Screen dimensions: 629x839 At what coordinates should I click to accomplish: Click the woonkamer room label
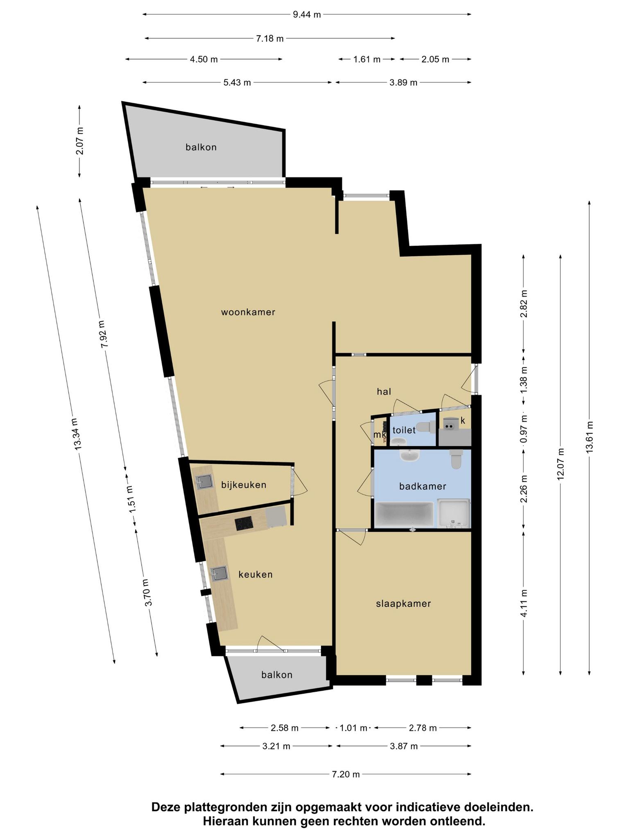click(248, 312)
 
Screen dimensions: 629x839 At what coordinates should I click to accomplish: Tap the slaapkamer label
click(403, 603)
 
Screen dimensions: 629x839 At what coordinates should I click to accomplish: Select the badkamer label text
click(423, 486)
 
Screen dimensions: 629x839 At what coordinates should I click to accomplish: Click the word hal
click(384, 392)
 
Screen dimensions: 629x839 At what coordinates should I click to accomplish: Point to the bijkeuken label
click(244, 485)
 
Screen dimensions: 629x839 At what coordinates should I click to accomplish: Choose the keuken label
click(256, 575)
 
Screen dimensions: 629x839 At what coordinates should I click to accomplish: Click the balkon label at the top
click(201, 147)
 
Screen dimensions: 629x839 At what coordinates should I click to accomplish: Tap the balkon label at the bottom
click(277, 675)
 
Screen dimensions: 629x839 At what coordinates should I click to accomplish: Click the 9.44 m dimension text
click(307, 15)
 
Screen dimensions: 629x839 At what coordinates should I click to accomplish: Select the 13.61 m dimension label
click(589, 437)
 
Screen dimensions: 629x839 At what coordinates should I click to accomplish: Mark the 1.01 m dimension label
click(353, 728)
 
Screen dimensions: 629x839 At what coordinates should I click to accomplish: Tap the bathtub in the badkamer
click(404, 515)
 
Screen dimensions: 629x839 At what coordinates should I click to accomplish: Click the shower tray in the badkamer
click(454, 514)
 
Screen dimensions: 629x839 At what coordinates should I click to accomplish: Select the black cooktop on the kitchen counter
click(244, 523)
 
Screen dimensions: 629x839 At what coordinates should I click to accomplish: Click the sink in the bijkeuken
click(205, 482)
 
